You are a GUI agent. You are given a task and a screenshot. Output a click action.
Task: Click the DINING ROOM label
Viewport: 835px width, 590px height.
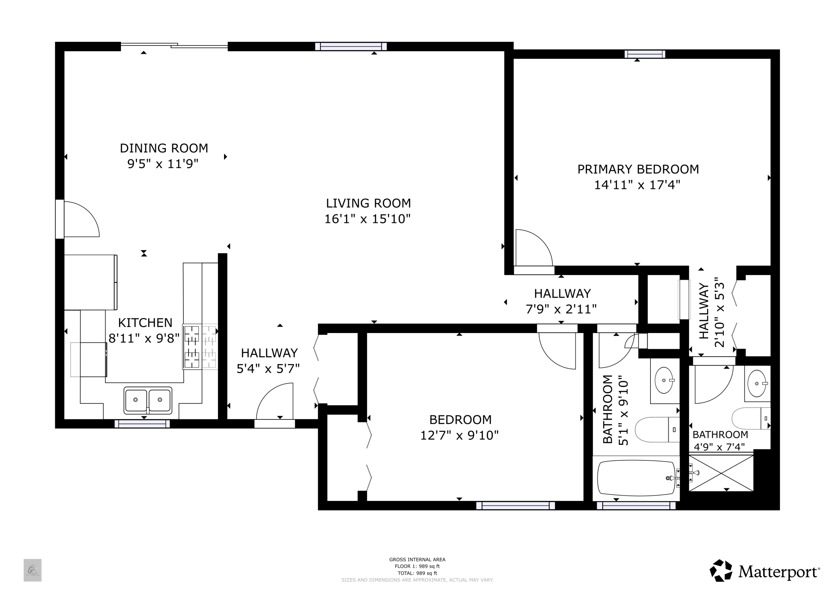pos(164,148)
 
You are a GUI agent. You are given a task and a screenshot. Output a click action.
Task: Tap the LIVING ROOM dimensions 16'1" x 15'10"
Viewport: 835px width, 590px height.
pos(367,219)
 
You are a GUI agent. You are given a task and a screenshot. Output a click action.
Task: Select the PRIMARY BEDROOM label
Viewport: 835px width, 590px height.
pos(638,169)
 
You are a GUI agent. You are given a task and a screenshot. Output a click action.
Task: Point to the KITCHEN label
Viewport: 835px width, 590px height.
pos(145,323)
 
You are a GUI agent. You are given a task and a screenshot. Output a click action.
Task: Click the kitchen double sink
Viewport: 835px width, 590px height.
pos(148,400)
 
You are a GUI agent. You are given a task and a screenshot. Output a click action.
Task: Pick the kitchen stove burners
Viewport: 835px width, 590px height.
pos(200,347)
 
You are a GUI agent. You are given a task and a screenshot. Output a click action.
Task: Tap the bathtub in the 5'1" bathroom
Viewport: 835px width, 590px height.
pos(636,478)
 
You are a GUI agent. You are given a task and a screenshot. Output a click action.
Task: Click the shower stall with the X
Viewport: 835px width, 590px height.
pos(721,473)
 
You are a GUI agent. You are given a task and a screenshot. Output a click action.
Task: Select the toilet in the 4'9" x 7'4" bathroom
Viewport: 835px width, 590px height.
pos(751,418)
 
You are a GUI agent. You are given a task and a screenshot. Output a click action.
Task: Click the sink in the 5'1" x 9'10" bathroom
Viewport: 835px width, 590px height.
pos(664,380)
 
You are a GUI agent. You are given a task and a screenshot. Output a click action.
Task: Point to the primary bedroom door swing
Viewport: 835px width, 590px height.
pos(534,248)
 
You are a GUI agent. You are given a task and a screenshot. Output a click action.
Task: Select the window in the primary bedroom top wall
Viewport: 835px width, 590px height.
pos(645,54)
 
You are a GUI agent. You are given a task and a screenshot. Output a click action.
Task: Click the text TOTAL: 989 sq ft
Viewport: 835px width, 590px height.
pos(417,573)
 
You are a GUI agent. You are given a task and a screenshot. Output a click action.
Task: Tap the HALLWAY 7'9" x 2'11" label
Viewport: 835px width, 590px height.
pos(562,301)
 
